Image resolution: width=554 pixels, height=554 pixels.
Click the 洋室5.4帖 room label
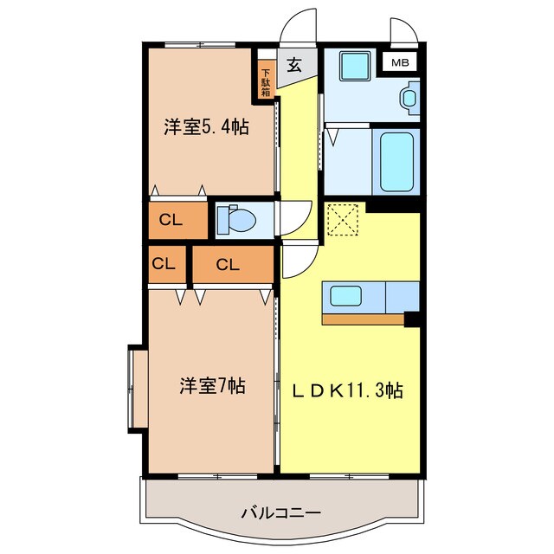point(207,127)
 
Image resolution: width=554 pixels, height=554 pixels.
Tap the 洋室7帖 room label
point(211,385)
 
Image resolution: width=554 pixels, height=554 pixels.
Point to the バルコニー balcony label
point(280,512)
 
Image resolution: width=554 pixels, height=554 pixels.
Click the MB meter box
point(399,62)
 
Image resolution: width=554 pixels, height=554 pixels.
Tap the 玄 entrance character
point(293,64)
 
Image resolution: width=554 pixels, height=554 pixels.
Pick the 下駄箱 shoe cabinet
point(265,79)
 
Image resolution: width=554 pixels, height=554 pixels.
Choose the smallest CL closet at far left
point(163,264)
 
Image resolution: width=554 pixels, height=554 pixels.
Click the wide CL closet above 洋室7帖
point(229,265)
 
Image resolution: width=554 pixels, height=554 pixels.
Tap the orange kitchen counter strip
point(364,319)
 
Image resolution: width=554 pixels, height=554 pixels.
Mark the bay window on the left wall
point(137,387)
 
